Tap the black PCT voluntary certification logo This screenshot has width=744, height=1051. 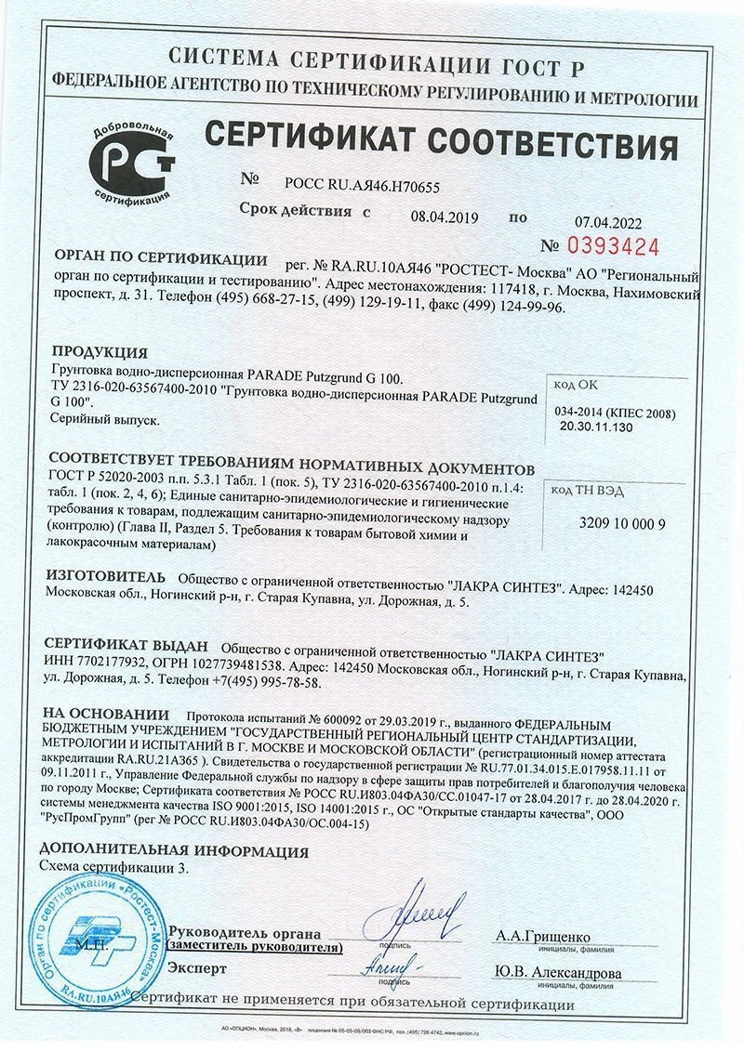click(132, 164)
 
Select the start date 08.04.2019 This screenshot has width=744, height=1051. click(444, 217)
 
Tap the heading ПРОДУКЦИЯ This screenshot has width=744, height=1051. click(100, 352)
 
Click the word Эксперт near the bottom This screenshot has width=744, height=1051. click(196, 967)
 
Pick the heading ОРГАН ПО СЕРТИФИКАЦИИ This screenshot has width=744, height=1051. click(161, 259)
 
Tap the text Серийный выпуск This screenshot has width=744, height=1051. click(102, 419)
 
